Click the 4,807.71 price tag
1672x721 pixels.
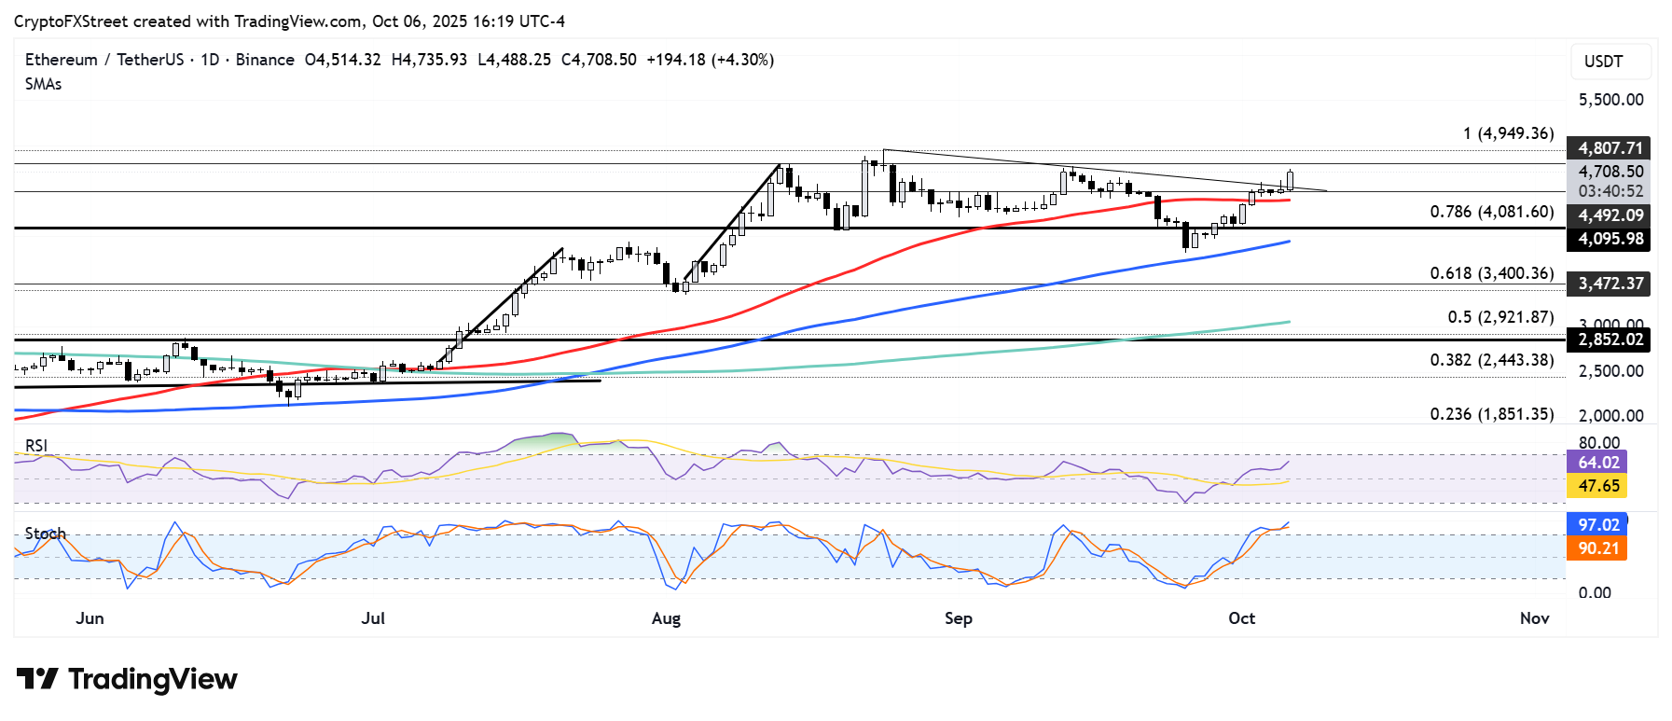pyautogui.click(x=1610, y=148)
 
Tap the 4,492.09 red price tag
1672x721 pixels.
pyautogui.click(x=1610, y=215)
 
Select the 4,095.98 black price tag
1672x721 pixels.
pyautogui.click(x=1610, y=239)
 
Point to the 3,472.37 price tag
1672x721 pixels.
pyautogui.click(x=1610, y=284)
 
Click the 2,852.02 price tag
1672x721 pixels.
pyautogui.click(x=1610, y=340)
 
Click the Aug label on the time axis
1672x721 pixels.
pyautogui.click(x=666, y=618)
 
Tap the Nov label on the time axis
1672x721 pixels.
pyautogui.click(x=1534, y=618)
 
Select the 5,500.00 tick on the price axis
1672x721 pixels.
pyautogui.click(x=1610, y=100)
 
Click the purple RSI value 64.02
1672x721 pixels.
pyautogui.click(x=1597, y=463)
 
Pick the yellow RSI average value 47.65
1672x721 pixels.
pyautogui.click(x=1597, y=486)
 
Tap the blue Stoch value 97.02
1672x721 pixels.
pyautogui.click(x=1597, y=525)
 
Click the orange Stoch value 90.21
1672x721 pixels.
pyautogui.click(x=1597, y=548)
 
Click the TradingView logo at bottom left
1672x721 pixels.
pyautogui.click(x=127, y=679)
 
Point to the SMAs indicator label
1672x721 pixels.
pyautogui.click(x=44, y=84)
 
